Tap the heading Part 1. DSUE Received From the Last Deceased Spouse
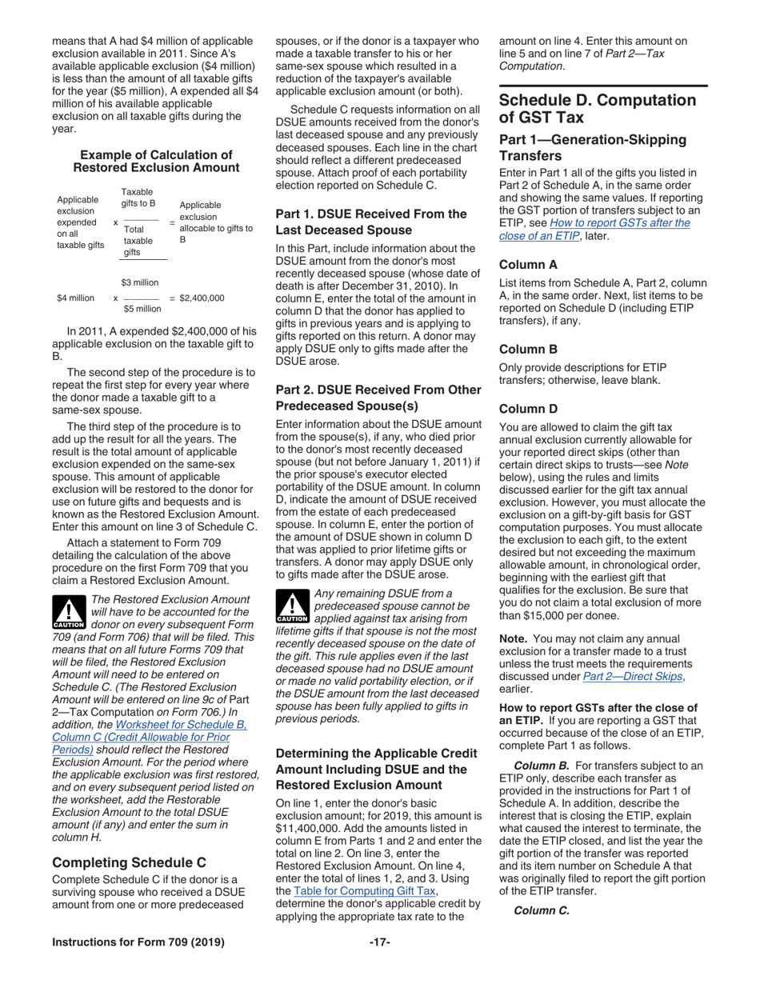[x=370, y=222]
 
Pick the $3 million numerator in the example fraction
[x=139, y=282]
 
